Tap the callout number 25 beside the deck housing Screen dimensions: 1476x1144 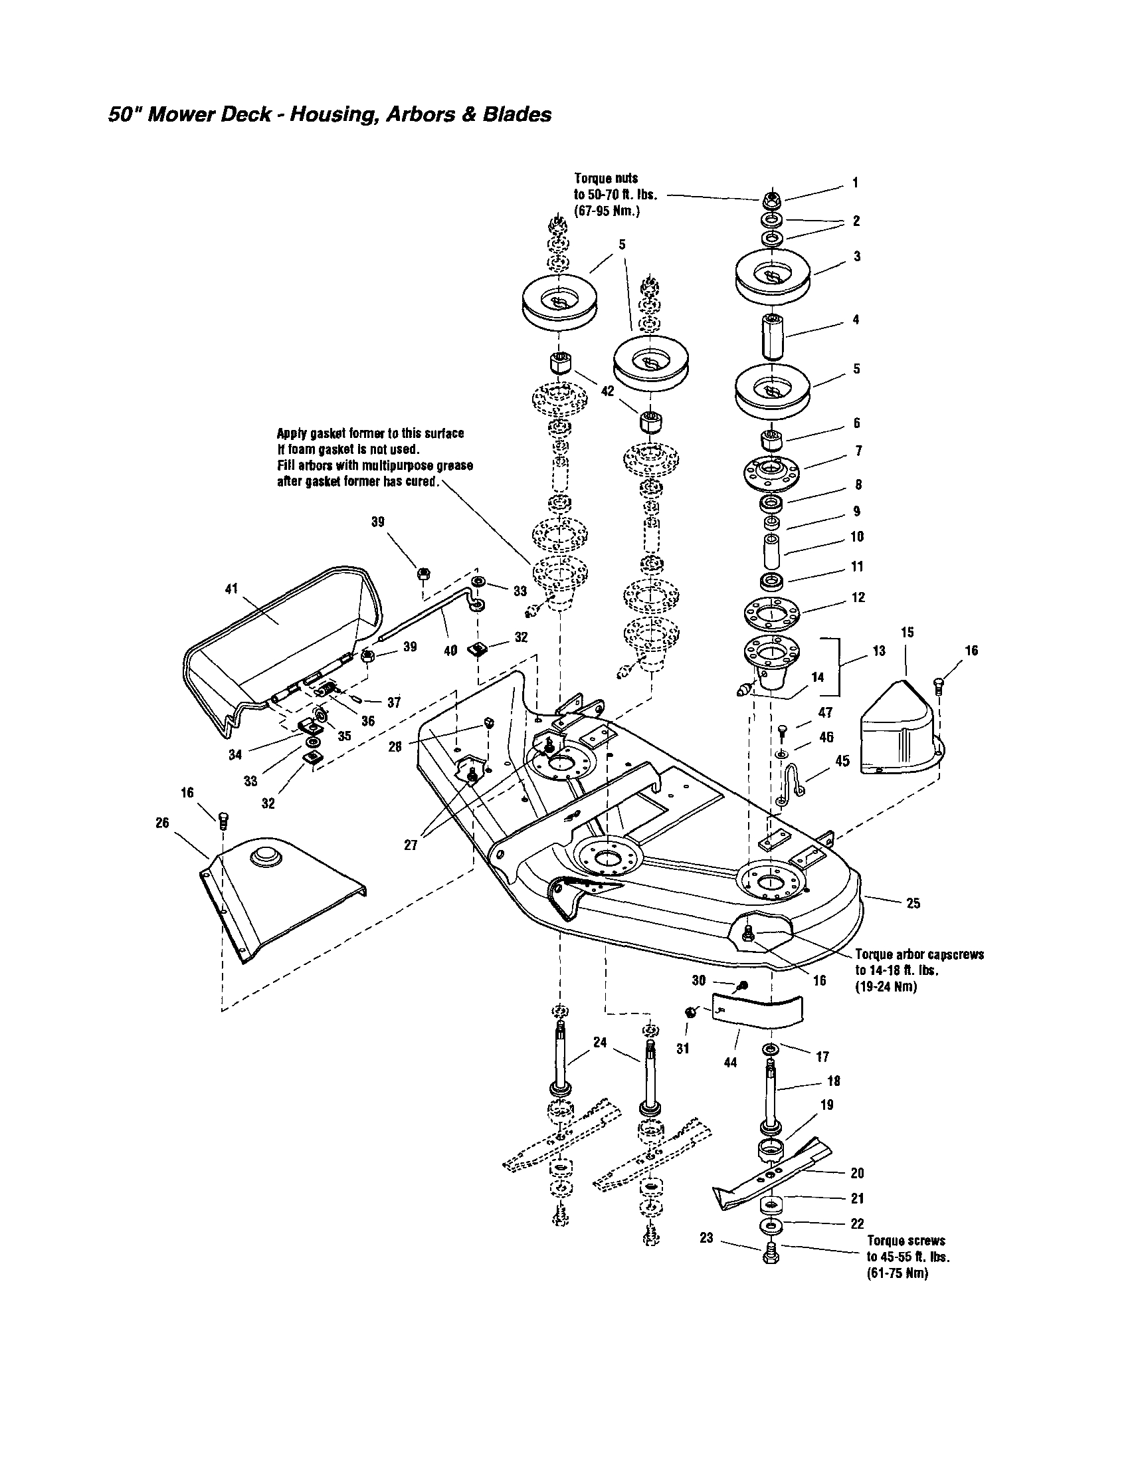pos(913,904)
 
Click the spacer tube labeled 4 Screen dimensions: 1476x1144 pos(771,336)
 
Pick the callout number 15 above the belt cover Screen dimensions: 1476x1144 pos(907,633)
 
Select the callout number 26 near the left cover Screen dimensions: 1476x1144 pos(162,823)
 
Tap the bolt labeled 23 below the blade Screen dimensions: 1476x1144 pos(771,1259)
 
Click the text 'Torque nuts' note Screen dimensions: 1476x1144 pos(605,179)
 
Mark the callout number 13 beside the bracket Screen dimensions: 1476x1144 pos(878,651)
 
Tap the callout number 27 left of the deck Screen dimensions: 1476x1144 pos(411,845)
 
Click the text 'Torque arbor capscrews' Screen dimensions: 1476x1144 pos(919,955)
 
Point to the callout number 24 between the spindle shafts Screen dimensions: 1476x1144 pos(600,1043)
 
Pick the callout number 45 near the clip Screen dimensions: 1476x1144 pos(842,761)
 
